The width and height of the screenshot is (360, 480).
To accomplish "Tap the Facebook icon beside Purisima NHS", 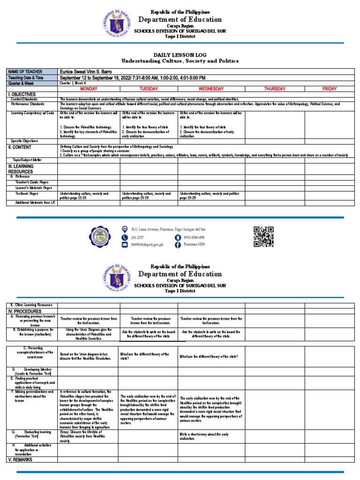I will (178, 245).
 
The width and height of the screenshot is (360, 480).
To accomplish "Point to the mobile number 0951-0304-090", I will (197, 237).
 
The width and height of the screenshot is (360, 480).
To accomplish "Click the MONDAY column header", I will (89, 89).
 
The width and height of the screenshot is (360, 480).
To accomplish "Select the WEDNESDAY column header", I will (211, 89).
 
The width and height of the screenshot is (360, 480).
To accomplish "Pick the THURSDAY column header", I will (274, 89).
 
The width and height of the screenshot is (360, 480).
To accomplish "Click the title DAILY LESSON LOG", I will (180, 55).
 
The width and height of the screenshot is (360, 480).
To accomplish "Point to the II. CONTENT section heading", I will (19, 147).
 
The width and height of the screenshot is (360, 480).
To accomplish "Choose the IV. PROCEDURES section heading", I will (25, 311).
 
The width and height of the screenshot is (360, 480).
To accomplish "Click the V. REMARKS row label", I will (20, 459).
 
